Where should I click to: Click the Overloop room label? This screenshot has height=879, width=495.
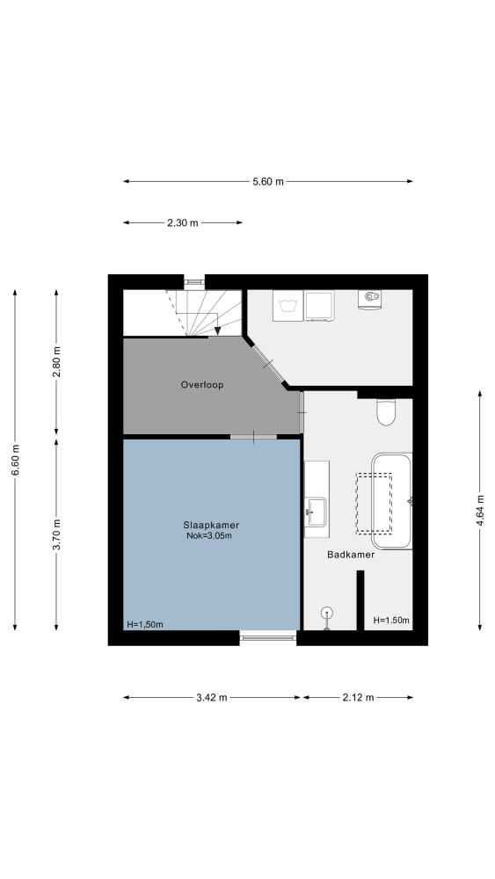202,385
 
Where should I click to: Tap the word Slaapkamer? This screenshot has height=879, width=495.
211,526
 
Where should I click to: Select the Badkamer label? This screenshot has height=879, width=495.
350,555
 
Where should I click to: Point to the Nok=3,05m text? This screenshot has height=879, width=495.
209,536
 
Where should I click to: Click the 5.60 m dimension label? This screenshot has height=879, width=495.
268,181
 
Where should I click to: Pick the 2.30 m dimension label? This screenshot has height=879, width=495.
183,222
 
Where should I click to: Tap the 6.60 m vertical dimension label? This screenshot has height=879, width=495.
15,460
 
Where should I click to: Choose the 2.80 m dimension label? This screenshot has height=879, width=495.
56,362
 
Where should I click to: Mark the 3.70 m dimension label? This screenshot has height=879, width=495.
56,534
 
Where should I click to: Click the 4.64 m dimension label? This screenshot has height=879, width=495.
480,510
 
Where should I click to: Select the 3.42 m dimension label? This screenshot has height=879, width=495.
212,697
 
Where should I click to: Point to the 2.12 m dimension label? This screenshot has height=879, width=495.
358,697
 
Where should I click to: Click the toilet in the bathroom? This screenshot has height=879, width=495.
386,412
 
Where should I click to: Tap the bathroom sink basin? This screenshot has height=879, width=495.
317,512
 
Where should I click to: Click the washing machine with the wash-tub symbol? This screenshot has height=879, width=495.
288,306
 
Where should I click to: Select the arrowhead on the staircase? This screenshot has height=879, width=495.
217,331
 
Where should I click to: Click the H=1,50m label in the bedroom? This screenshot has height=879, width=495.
145,624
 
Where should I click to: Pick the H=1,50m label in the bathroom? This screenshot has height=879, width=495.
390,620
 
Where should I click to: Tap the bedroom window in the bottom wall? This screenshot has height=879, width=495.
268,636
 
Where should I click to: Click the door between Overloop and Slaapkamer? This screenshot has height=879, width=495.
253,437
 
